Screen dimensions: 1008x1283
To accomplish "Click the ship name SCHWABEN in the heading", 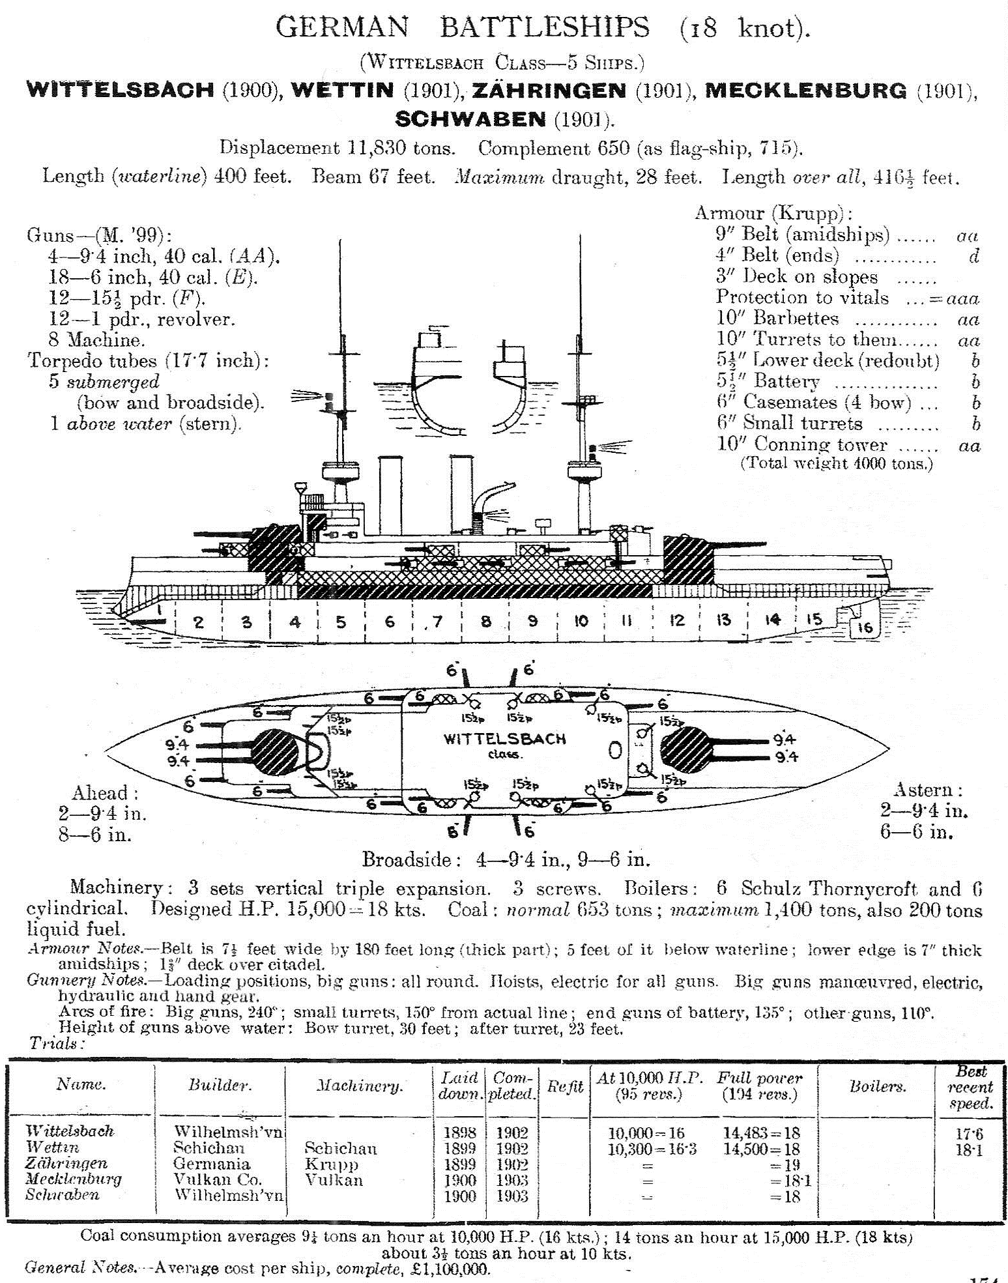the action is [x=470, y=119].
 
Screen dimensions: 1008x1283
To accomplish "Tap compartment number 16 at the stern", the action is [x=865, y=627].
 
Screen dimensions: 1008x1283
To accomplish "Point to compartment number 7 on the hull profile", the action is [x=437, y=621].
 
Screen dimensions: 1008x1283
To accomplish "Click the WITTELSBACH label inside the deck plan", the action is [x=504, y=739].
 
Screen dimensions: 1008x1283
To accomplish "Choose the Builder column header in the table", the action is [x=220, y=1084].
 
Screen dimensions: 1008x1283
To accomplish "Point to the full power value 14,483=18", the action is [x=761, y=1132].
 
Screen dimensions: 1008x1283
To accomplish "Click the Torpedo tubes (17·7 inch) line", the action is [x=148, y=360].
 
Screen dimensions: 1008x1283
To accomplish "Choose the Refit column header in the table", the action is [x=564, y=1086].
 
